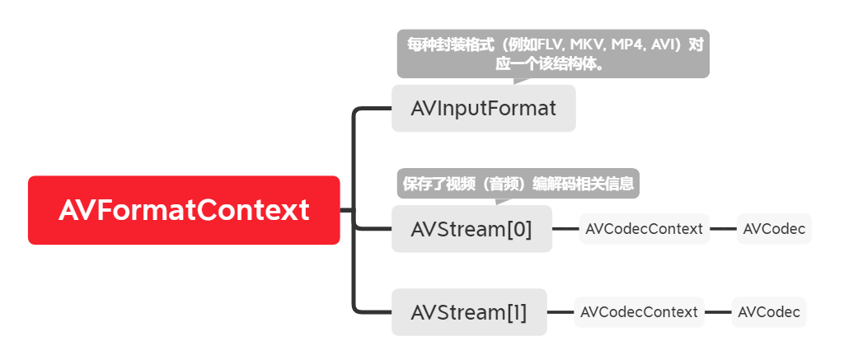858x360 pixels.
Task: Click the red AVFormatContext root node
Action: pyautogui.click(x=184, y=210)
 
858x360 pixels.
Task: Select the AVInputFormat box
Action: pyautogui.click(x=483, y=108)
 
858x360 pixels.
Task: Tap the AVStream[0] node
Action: pyautogui.click(x=471, y=229)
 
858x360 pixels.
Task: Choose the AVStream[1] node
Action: pyautogui.click(x=469, y=312)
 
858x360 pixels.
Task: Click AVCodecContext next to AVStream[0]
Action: pyautogui.click(x=644, y=229)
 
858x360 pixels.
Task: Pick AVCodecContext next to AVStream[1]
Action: pyautogui.click(x=639, y=312)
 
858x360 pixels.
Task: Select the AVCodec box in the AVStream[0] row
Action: pyautogui.click(x=774, y=229)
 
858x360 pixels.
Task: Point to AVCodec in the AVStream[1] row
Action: pyautogui.click(x=769, y=312)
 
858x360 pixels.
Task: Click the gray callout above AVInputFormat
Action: pyautogui.click(x=553, y=54)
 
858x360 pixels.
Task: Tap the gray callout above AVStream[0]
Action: pyautogui.click(x=518, y=183)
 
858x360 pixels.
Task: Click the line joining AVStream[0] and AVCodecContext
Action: pyautogui.click(x=565, y=229)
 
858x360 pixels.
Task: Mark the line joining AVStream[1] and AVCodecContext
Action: pyautogui.click(x=560, y=312)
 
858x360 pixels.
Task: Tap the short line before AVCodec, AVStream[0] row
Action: pyautogui.click(x=723, y=229)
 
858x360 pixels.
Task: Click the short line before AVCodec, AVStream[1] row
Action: pyautogui.click(x=718, y=312)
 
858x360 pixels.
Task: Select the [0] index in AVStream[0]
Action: pyautogui.click(x=518, y=229)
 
